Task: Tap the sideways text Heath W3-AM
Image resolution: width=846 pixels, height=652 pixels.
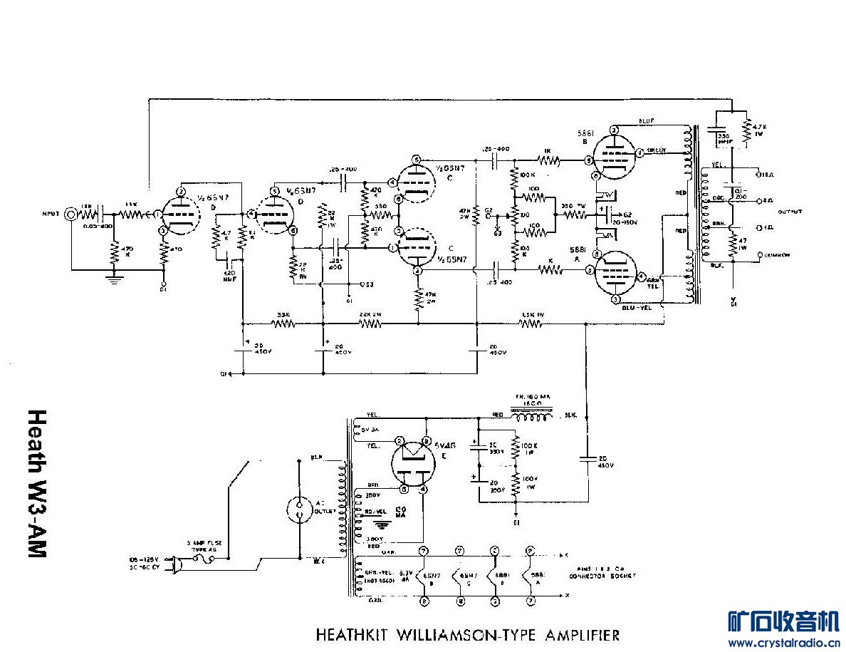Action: tap(37, 484)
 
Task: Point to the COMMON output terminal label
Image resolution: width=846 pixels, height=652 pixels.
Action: tap(778, 254)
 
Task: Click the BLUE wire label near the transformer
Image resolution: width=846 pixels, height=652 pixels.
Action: tap(647, 120)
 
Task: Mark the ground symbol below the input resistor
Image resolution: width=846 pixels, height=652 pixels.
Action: tap(113, 279)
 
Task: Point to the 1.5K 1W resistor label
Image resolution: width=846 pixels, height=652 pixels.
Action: tap(532, 314)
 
